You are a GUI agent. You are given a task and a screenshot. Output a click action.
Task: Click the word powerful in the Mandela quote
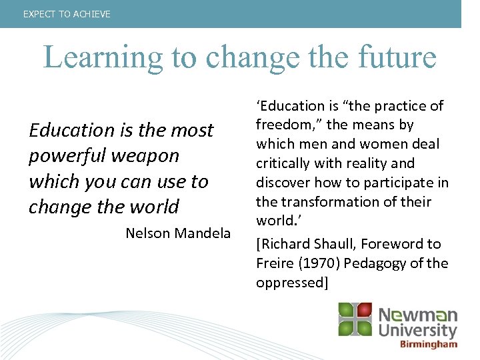[60, 156]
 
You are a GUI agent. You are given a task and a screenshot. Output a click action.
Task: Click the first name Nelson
[147, 233]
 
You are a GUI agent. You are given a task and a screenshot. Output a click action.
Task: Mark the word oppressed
[291, 283]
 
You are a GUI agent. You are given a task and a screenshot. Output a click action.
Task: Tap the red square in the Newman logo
[364, 310]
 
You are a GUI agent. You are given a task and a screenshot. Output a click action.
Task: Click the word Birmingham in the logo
[429, 344]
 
